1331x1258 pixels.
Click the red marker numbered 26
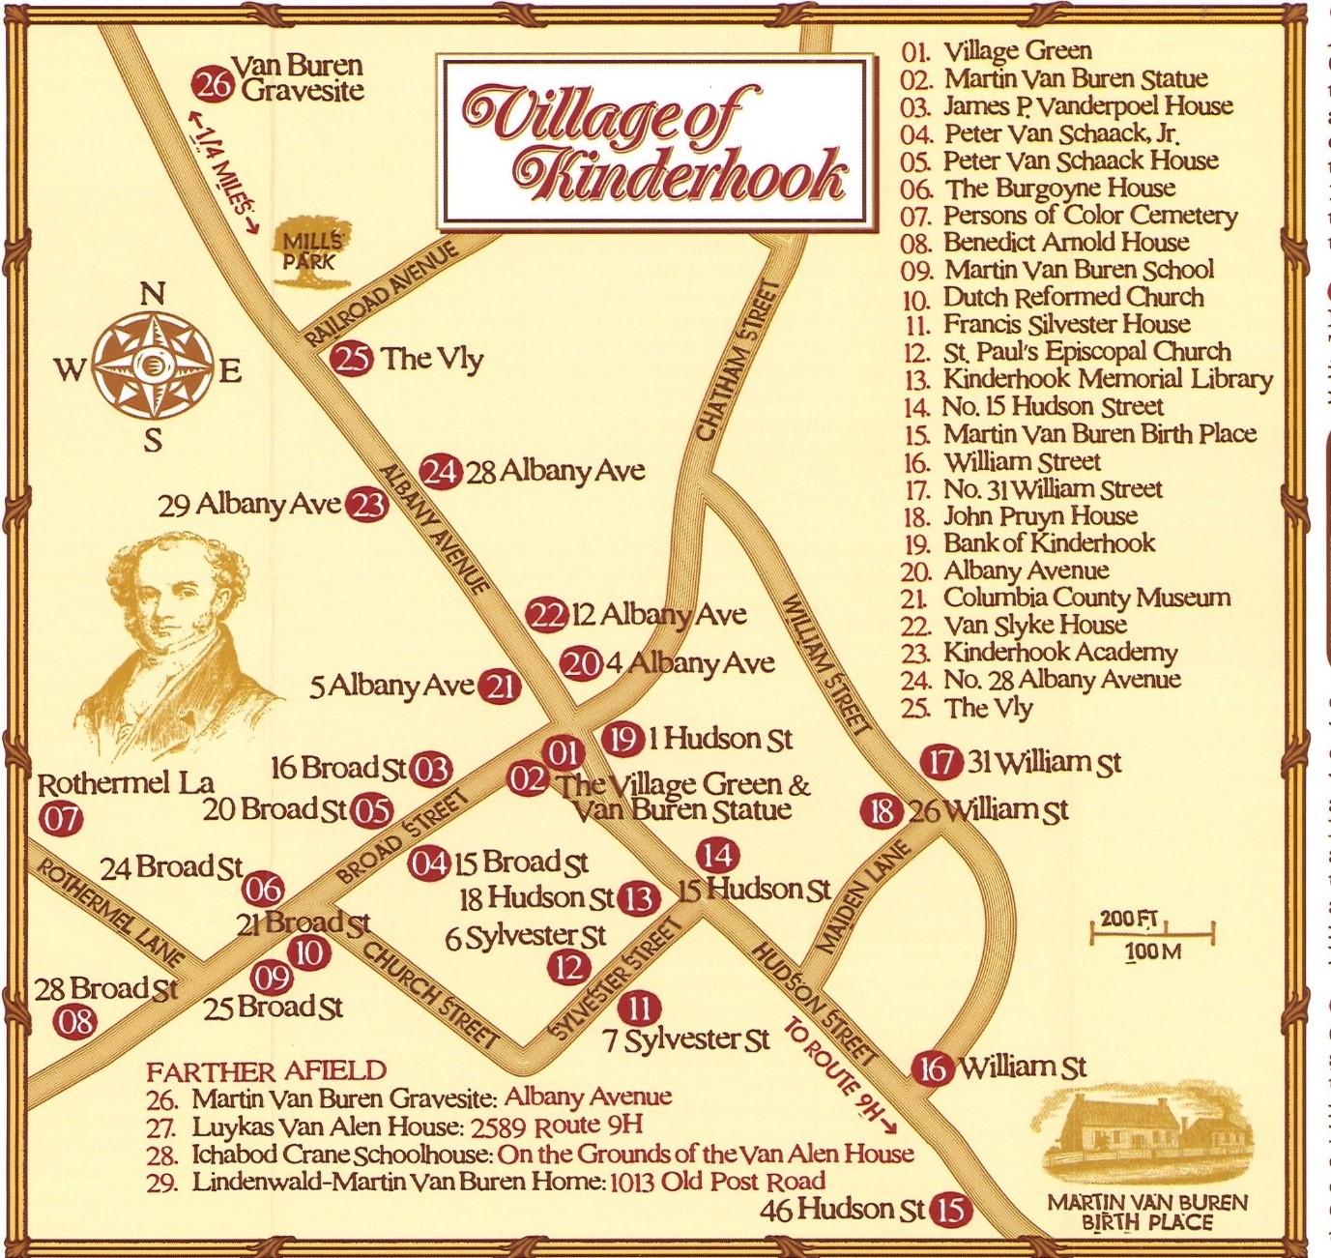click(213, 85)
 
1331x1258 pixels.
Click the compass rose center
click(153, 366)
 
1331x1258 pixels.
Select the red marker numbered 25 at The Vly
click(351, 359)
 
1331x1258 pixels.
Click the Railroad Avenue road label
click(383, 296)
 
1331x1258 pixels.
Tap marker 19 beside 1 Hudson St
click(622, 740)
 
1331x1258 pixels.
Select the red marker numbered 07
click(60, 820)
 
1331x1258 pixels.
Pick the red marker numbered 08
click(74, 1021)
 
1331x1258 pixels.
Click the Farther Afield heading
click(266, 1071)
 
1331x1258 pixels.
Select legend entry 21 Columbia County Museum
click(1086, 598)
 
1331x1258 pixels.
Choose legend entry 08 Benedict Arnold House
click(1065, 242)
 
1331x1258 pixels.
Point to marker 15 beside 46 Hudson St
click(950, 1210)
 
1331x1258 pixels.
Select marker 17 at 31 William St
click(940, 763)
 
